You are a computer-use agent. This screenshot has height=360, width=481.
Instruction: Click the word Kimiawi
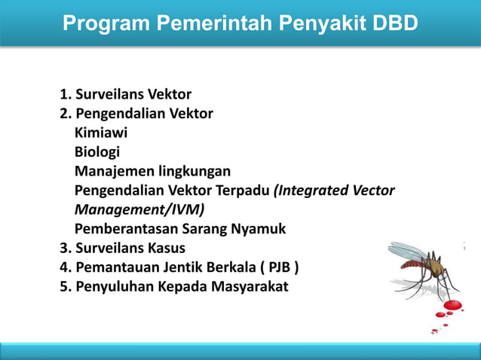101,133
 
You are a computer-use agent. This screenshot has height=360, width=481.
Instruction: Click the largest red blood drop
453,306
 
